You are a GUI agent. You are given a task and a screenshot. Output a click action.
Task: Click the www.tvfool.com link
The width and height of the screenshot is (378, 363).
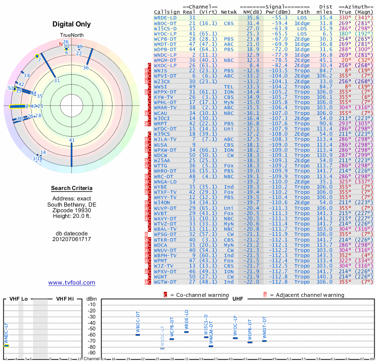click(x=72, y=283)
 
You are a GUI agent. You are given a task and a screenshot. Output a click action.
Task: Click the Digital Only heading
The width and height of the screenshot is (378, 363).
click(x=72, y=24)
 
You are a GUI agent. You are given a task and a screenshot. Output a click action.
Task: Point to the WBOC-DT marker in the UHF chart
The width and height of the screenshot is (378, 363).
click(x=138, y=335)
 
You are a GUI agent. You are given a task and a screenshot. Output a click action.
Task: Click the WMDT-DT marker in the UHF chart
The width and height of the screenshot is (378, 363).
click(x=264, y=341)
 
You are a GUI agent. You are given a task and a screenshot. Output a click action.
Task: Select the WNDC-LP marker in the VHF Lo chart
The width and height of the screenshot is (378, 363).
click(x=7, y=346)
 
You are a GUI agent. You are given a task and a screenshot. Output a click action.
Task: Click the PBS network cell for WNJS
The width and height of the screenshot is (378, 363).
click(x=229, y=70)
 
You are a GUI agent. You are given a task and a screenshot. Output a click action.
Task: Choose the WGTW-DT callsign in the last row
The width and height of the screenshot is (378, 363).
click(x=165, y=282)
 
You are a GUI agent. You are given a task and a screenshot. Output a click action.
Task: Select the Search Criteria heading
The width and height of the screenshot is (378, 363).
click(x=72, y=188)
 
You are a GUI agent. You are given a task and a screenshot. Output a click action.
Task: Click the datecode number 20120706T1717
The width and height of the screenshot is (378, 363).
click(x=72, y=239)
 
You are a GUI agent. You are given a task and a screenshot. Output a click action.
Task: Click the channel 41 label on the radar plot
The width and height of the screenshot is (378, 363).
click(x=72, y=140)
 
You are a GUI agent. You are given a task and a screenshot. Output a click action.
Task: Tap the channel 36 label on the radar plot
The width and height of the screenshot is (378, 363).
click(x=86, y=68)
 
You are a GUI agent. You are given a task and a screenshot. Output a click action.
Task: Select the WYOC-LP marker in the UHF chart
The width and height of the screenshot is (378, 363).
click(x=235, y=338)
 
